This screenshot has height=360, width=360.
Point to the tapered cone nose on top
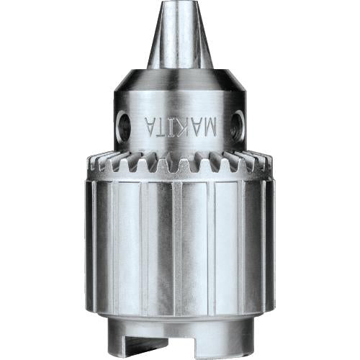click(x=179, y=40)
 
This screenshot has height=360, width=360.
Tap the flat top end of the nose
click(x=179, y=4)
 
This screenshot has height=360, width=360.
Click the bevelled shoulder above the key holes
click(x=180, y=81)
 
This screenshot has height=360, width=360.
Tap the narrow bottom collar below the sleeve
click(x=180, y=338)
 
